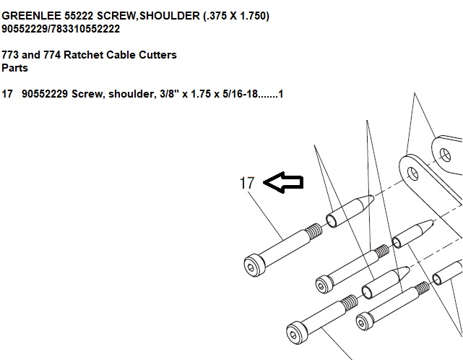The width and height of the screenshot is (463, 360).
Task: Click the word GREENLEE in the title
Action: [31, 16]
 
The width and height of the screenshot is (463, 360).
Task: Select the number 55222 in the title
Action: [79, 16]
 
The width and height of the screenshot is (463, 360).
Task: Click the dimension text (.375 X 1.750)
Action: [236, 16]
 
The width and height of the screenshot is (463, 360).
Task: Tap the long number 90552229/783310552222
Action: [61, 29]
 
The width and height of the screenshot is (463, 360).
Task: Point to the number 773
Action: [10, 55]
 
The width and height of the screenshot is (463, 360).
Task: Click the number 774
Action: [52, 55]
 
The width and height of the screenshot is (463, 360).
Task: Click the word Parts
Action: [14, 68]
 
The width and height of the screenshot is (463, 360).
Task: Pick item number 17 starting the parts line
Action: [7, 94]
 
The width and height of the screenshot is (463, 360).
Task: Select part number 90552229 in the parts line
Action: [45, 94]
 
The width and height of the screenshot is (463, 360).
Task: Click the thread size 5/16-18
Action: [240, 94]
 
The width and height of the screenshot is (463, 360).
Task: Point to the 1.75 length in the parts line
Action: [201, 94]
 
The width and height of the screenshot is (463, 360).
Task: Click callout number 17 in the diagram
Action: [246, 183]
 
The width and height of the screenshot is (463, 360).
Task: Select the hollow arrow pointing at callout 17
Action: [283, 182]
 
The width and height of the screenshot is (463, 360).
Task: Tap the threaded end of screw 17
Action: [313, 231]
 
